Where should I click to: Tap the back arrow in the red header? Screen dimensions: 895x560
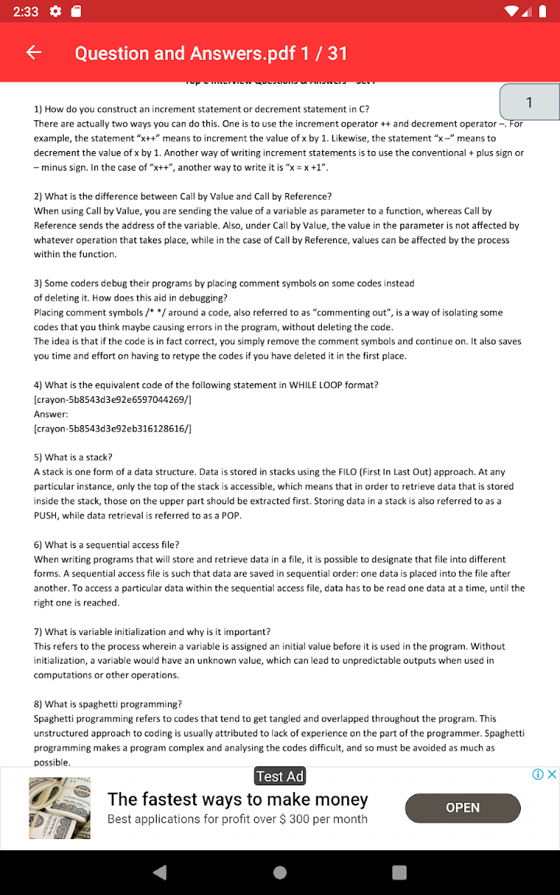pyautogui.click(x=34, y=53)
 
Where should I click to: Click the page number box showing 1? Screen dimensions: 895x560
pyautogui.click(x=529, y=103)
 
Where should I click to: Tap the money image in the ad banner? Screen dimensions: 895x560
pyautogui.click(x=59, y=808)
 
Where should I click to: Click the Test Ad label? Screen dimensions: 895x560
pyautogui.click(x=280, y=776)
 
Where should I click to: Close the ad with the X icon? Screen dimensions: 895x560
pyautogui.click(x=552, y=774)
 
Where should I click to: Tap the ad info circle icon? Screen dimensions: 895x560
pyautogui.click(x=538, y=774)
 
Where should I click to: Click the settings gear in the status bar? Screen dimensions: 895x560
pyautogui.click(x=56, y=12)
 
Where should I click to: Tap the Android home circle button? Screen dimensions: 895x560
pyautogui.click(x=280, y=872)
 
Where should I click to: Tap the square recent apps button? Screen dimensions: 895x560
pyautogui.click(x=399, y=872)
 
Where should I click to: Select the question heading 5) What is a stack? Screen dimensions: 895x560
pyautogui.click(x=73, y=457)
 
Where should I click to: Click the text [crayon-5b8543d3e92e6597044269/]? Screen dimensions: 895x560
pyautogui.click(x=113, y=399)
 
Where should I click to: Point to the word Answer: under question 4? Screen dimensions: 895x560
pyautogui.click(x=51, y=414)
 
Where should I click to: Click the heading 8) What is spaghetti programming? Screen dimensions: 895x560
pyautogui.click(x=108, y=704)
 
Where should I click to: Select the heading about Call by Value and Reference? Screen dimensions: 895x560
pyautogui.click(x=183, y=196)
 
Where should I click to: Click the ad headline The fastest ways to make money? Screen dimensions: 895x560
pyautogui.click(x=238, y=799)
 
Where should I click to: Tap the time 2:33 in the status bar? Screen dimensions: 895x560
pyautogui.click(x=25, y=12)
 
